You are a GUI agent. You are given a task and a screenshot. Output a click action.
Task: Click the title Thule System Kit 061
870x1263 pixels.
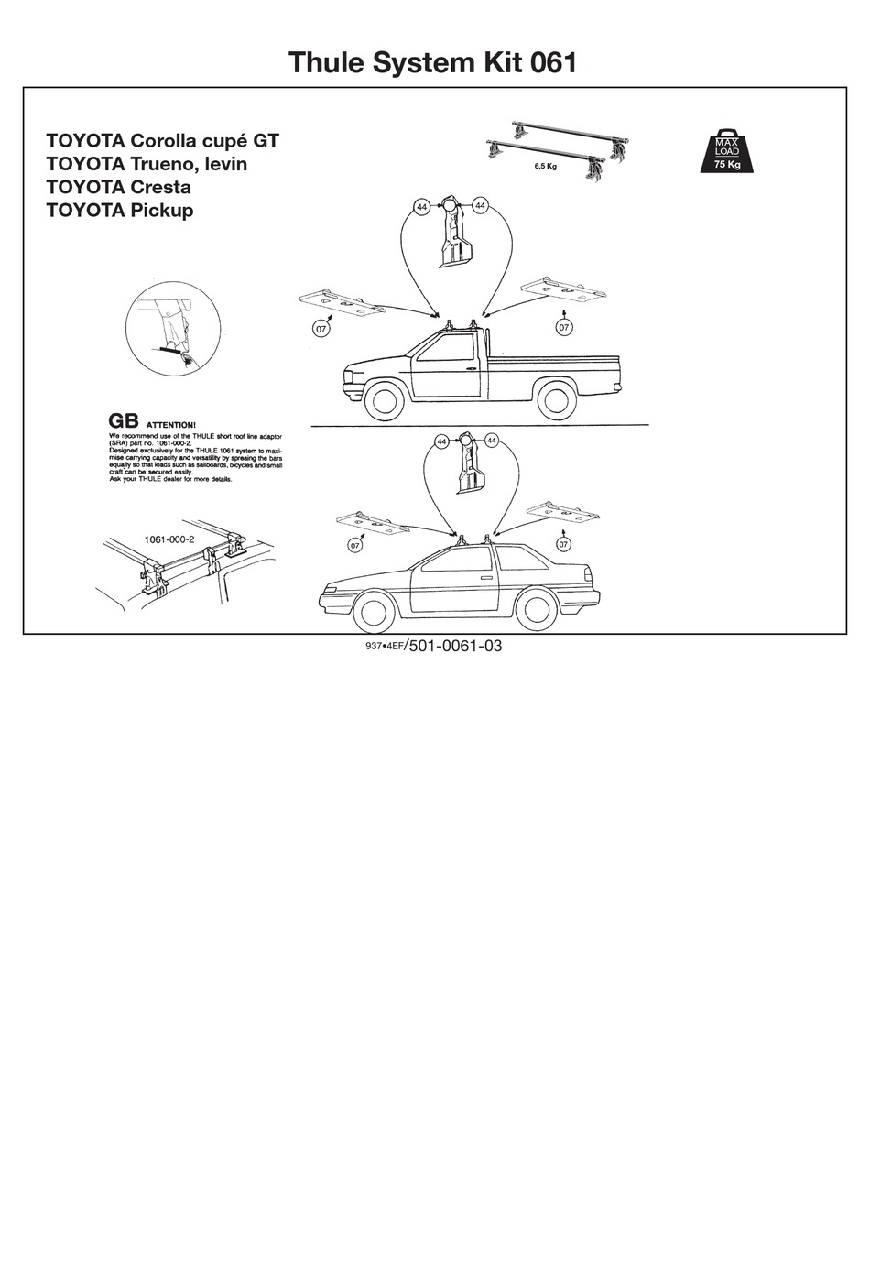click(432, 62)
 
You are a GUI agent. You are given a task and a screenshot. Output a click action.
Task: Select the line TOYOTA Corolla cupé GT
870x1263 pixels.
click(162, 141)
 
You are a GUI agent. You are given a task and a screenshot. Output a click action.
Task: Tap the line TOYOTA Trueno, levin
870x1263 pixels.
click(147, 164)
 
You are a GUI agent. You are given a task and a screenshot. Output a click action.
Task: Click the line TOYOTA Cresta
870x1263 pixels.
click(118, 187)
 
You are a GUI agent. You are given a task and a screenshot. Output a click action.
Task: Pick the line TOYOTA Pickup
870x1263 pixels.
click(119, 210)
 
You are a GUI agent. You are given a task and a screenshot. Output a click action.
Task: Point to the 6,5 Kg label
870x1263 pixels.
click(545, 166)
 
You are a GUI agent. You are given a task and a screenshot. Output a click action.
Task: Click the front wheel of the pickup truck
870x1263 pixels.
click(385, 400)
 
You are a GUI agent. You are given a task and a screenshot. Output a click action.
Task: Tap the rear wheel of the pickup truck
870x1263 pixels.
click(555, 399)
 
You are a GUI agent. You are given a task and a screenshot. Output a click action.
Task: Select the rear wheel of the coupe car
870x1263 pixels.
click(536, 608)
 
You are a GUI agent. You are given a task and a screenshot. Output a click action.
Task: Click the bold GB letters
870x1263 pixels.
click(124, 420)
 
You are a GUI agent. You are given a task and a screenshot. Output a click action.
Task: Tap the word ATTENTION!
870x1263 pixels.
click(171, 425)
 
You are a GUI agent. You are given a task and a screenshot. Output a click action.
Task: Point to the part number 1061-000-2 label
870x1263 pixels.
click(169, 539)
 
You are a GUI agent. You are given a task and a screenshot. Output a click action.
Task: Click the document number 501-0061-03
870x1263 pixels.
click(455, 646)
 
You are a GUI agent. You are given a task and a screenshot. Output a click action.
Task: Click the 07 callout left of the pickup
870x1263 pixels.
click(321, 329)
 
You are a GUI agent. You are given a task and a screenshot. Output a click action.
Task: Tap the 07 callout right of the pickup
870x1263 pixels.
click(564, 327)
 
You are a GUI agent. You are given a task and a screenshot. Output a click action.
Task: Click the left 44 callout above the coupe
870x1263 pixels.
click(441, 441)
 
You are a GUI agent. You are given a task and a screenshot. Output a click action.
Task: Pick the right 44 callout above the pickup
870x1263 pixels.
click(481, 206)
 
